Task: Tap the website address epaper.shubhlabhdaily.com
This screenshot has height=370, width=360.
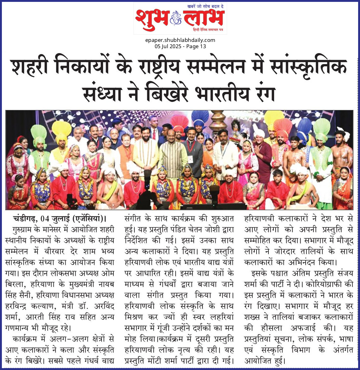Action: point(180,40)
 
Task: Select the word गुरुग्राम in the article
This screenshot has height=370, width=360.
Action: point(23,229)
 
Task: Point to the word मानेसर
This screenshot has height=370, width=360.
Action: point(55,229)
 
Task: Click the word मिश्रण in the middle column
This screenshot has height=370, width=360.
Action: point(136,317)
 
